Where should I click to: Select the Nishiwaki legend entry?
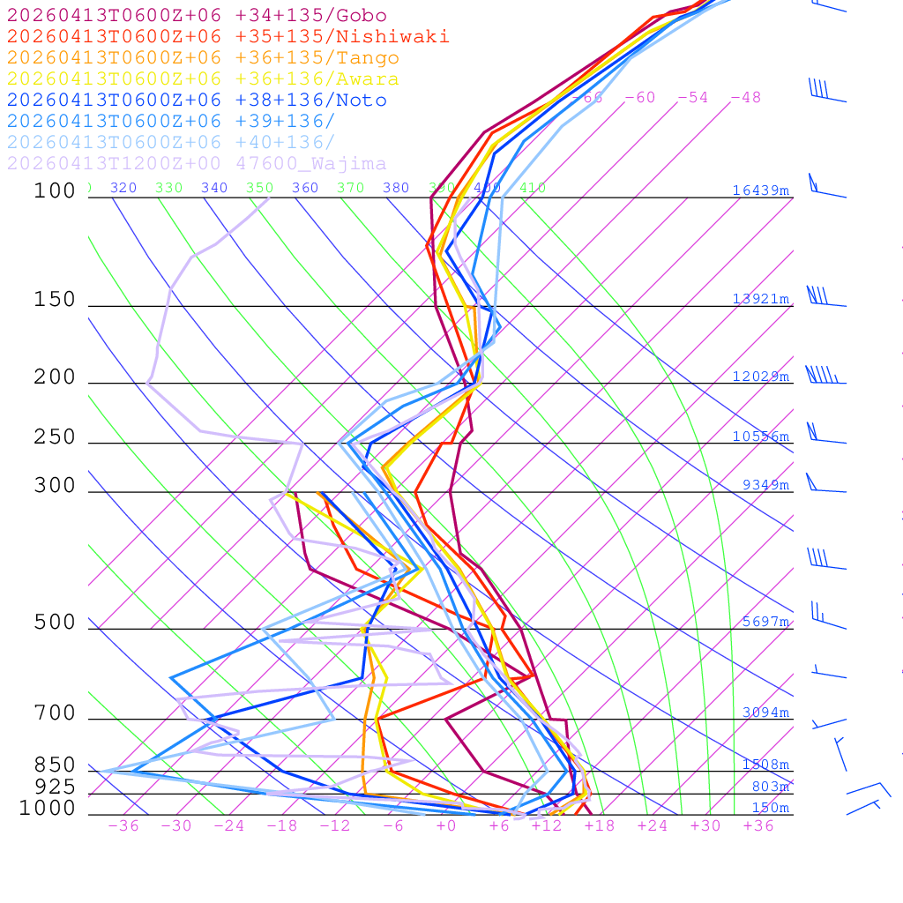(228, 37)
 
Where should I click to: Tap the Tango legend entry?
(203, 58)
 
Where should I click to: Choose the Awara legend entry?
(203, 79)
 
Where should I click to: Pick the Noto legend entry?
(197, 101)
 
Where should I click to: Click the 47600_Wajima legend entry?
(197, 164)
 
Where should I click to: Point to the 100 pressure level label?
(55, 191)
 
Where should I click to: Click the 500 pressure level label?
(55, 623)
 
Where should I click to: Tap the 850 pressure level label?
(55, 765)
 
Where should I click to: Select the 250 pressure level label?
(55, 437)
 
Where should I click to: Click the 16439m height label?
(760, 190)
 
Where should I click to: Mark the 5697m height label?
(765, 622)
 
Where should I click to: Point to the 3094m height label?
(765, 713)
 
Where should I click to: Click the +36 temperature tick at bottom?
(758, 825)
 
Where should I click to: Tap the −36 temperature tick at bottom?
(123, 825)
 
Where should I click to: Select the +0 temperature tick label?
(446, 825)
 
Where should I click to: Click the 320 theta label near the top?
(123, 188)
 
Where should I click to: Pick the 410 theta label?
(533, 188)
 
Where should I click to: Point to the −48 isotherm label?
(745, 98)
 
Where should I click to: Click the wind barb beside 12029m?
(825, 377)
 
